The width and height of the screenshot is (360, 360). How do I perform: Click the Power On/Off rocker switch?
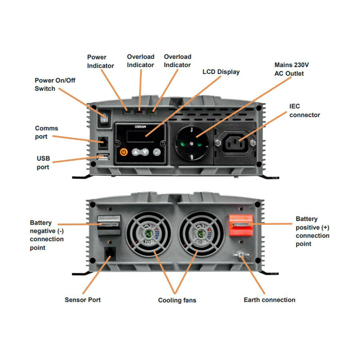pyautogui.click(x=104, y=118)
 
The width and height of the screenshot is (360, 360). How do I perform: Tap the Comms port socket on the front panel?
pyautogui.click(x=103, y=141)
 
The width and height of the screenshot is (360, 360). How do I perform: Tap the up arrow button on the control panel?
pyautogui.click(x=136, y=152)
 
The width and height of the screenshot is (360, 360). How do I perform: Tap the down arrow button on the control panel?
pyautogui.click(x=145, y=152)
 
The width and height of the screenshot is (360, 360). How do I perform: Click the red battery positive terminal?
pyautogui.click(x=240, y=226)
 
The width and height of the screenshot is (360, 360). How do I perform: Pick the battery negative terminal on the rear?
pyautogui.click(x=109, y=225)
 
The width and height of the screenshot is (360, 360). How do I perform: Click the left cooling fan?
pyautogui.click(x=148, y=234)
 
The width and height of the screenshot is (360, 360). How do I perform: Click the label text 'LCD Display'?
pyautogui.click(x=221, y=72)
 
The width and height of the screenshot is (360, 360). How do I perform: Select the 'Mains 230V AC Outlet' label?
pyautogui.click(x=292, y=69)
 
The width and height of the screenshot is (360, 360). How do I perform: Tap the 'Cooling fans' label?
pyautogui.click(x=177, y=300)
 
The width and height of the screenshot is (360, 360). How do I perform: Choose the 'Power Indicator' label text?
pyautogui.click(x=100, y=61)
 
